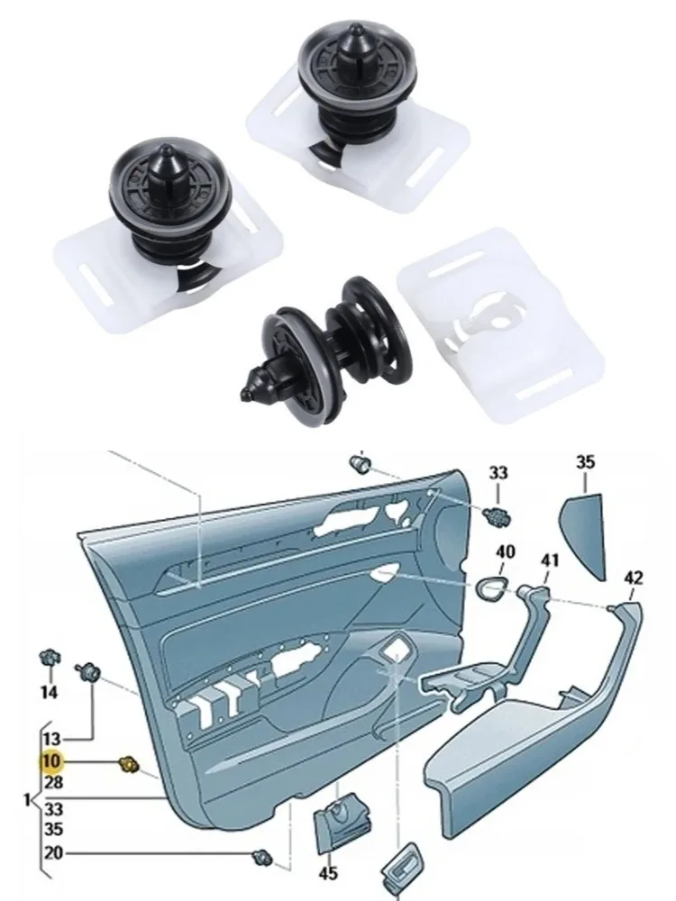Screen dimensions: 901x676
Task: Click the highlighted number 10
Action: coord(50,762)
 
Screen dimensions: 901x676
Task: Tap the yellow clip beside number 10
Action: coord(129,765)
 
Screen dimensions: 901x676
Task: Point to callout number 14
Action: coord(49,692)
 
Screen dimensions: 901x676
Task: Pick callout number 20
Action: coord(52,853)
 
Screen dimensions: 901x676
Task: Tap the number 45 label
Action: coord(327,872)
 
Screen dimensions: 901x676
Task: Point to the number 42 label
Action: coord(634,578)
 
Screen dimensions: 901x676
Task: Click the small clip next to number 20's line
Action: coord(263,854)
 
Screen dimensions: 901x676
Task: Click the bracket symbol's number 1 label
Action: coord(26,799)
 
